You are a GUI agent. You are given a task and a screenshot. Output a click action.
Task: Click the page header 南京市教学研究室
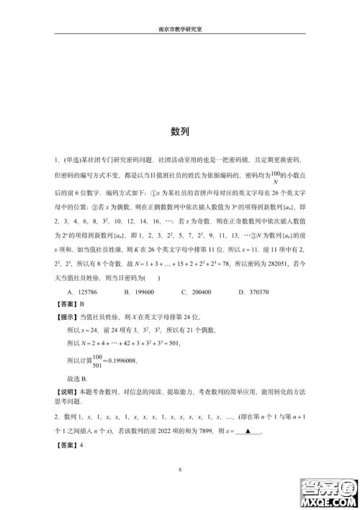180,30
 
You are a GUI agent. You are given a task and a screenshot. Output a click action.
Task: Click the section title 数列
180,132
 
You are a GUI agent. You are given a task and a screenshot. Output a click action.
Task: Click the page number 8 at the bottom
180,470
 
